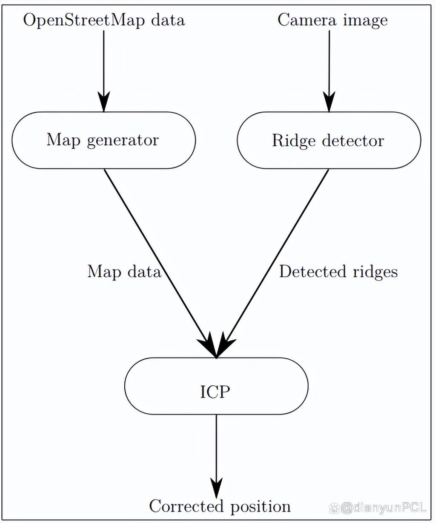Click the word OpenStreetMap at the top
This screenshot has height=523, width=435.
(81, 20)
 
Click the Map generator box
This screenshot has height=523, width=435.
(103, 140)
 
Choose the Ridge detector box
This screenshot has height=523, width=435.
(329, 140)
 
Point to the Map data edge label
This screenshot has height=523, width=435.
(124, 271)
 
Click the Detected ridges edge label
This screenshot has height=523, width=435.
(338, 271)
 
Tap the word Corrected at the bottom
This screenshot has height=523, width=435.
(186, 506)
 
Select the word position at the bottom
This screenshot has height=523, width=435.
(260, 506)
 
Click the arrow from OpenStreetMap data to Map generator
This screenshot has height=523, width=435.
(103, 68)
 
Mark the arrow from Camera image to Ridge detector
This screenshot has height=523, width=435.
(329, 68)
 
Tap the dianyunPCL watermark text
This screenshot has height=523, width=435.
(383, 507)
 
